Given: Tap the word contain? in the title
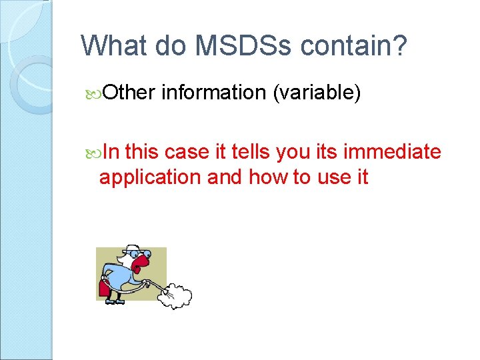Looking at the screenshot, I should click(x=352, y=45).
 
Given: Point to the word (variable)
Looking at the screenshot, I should click(x=317, y=93).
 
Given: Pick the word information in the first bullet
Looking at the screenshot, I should click(x=213, y=93).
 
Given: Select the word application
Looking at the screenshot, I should click(x=150, y=177).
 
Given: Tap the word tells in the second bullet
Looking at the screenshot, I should click(x=239, y=152).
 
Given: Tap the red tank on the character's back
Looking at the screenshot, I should click(x=105, y=287).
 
